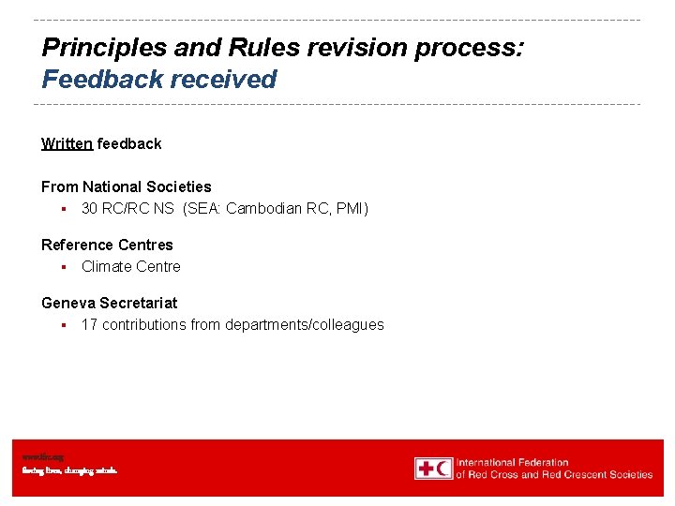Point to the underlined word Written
coord(67,143)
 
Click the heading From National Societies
coord(127,186)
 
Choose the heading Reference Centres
coord(107,245)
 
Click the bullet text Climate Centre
coord(131,266)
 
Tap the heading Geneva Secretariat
coord(109,303)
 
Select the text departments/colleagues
coord(305,324)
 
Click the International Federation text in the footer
coord(513,462)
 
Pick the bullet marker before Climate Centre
coord(61,267)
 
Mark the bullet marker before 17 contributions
coord(61,325)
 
